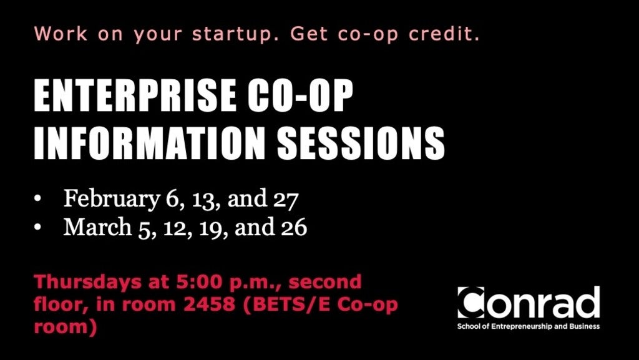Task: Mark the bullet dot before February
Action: pos(38,200)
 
